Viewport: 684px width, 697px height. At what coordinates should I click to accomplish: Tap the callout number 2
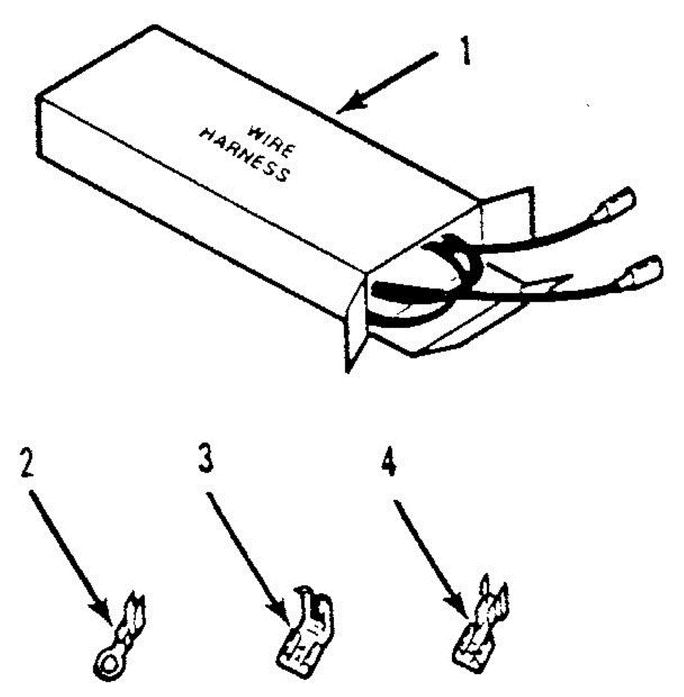(x=27, y=464)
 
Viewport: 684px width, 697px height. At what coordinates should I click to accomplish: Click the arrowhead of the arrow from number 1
(x=353, y=101)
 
